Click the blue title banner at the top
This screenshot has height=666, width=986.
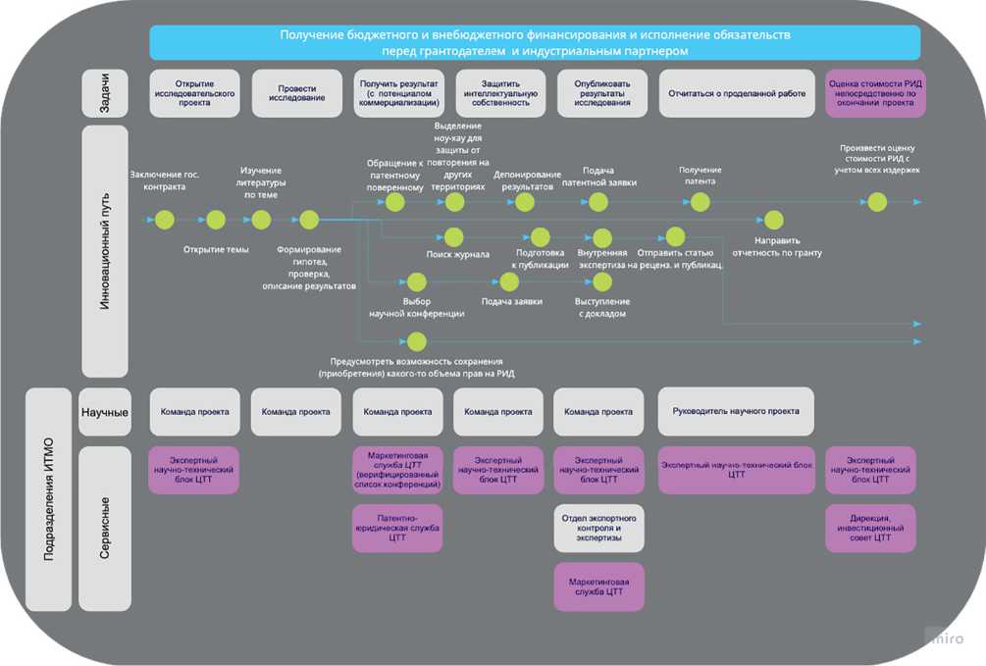tap(535, 42)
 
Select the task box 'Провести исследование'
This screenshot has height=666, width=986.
tap(296, 93)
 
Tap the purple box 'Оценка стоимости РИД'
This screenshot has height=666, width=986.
tap(870, 93)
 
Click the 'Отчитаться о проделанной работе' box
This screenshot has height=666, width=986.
tap(737, 93)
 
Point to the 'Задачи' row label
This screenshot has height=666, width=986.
tap(105, 93)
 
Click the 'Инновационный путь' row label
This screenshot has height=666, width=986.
tap(105, 251)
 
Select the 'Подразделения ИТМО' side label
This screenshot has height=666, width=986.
tap(49, 499)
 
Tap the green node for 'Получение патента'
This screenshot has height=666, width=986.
tap(700, 202)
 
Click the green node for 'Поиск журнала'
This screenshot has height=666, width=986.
tap(453, 236)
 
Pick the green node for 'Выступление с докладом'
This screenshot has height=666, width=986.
tap(601, 282)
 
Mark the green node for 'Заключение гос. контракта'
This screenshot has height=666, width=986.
tap(165, 220)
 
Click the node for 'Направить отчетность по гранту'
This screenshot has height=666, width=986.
tap(774, 220)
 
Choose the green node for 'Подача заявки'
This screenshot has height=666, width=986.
tap(508, 282)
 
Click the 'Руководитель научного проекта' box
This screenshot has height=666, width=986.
tap(736, 411)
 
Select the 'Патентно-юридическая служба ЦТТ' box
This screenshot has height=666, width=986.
tap(397, 528)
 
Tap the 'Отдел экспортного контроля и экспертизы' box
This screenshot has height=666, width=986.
tap(598, 528)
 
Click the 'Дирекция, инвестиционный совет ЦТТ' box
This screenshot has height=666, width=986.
tap(870, 528)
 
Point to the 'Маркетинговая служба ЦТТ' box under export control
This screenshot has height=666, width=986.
tap(598, 587)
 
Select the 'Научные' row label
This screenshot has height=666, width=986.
tap(105, 412)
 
